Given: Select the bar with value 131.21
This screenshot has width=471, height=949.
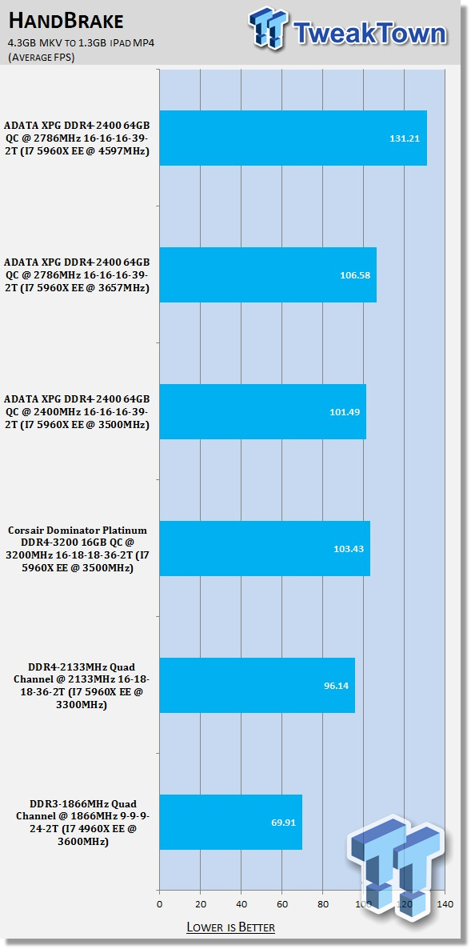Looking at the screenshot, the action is (293, 138).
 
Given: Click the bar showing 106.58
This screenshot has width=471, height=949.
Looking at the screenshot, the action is (268, 274).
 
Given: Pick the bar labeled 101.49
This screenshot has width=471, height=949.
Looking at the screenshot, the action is (263, 411).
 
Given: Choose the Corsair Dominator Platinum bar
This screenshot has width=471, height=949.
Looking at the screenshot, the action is (265, 548).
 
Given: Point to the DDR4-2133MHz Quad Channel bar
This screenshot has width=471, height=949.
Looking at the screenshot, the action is (257, 685).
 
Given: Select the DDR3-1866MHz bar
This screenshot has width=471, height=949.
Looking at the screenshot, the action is (231, 822).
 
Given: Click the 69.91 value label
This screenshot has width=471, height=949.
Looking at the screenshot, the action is (283, 823).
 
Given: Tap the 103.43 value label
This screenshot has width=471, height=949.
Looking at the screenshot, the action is (349, 549).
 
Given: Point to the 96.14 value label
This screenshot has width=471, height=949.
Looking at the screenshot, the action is (336, 686).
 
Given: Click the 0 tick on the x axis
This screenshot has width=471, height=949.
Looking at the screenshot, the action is (160, 904).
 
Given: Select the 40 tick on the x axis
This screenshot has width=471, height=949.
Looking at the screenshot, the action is (241, 904).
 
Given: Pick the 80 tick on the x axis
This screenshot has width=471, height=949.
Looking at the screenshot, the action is (323, 904).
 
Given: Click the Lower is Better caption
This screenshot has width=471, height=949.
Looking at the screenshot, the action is (231, 927).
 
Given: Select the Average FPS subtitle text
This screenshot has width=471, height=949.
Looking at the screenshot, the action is (41, 58).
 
